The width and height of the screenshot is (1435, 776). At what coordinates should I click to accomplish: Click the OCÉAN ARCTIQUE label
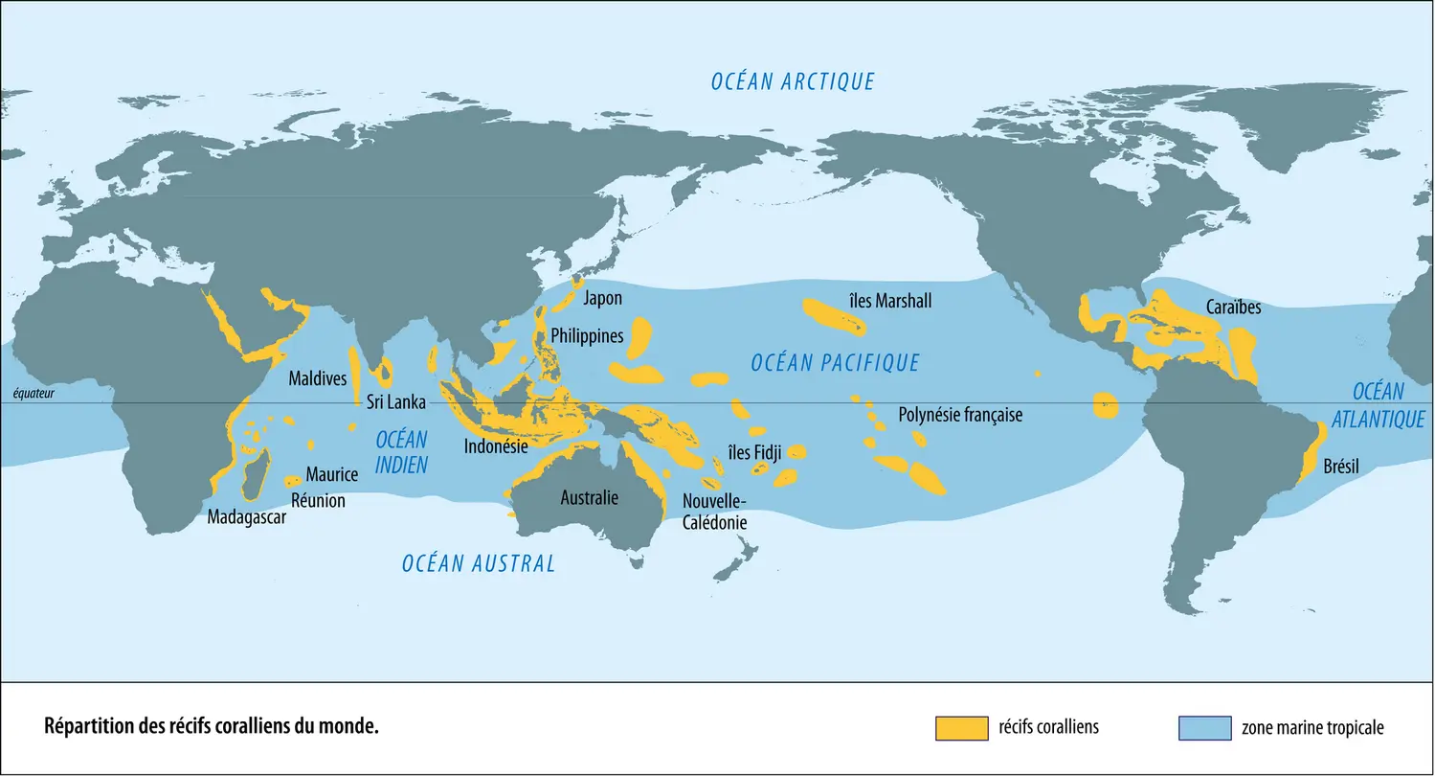[x=793, y=81]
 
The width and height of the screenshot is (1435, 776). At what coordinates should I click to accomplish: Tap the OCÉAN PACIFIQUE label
[x=835, y=362]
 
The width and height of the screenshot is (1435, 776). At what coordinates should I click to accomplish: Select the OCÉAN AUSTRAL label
[x=478, y=563]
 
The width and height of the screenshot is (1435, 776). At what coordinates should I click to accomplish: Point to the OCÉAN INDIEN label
[x=401, y=452]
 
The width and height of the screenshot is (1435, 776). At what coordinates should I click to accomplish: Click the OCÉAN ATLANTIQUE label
[x=1378, y=405]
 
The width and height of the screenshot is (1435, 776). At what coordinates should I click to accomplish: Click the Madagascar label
[x=247, y=517]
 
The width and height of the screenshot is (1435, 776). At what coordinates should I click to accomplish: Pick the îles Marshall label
[x=889, y=301]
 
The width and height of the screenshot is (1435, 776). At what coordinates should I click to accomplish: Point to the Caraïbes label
[x=1233, y=308]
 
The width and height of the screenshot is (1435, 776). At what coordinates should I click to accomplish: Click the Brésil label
[x=1340, y=468]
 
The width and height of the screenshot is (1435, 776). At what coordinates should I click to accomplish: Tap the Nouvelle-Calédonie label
[x=714, y=512]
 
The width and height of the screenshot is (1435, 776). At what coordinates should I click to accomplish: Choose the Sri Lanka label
[x=395, y=402]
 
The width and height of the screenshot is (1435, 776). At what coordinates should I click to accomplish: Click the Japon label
[x=602, y=298]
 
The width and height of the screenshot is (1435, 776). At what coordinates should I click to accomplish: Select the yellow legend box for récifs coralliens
[x=960, y=727]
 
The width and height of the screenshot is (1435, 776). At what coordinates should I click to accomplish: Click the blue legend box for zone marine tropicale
[x=1203, y=727]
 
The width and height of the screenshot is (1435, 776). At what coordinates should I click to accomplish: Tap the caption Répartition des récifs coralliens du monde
[x=212, y=726]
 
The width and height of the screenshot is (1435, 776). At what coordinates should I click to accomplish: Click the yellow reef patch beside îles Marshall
[x=832, y=315]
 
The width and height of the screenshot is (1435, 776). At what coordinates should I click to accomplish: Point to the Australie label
[x=589, y=497]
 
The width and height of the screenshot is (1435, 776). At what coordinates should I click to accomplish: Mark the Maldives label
[x=318, y=378]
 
